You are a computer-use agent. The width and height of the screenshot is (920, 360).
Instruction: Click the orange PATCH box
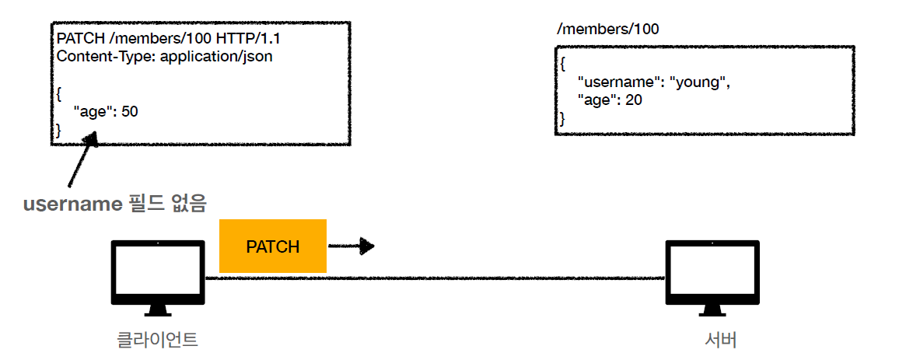(273, 246)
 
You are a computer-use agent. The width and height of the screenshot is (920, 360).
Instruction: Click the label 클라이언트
(158, 339)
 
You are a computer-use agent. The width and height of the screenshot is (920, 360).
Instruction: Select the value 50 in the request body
(129, 111)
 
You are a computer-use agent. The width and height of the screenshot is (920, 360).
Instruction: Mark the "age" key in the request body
(93, 111)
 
